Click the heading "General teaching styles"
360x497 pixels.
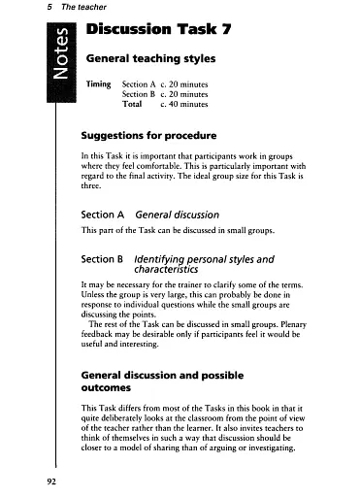coord(150,59)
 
